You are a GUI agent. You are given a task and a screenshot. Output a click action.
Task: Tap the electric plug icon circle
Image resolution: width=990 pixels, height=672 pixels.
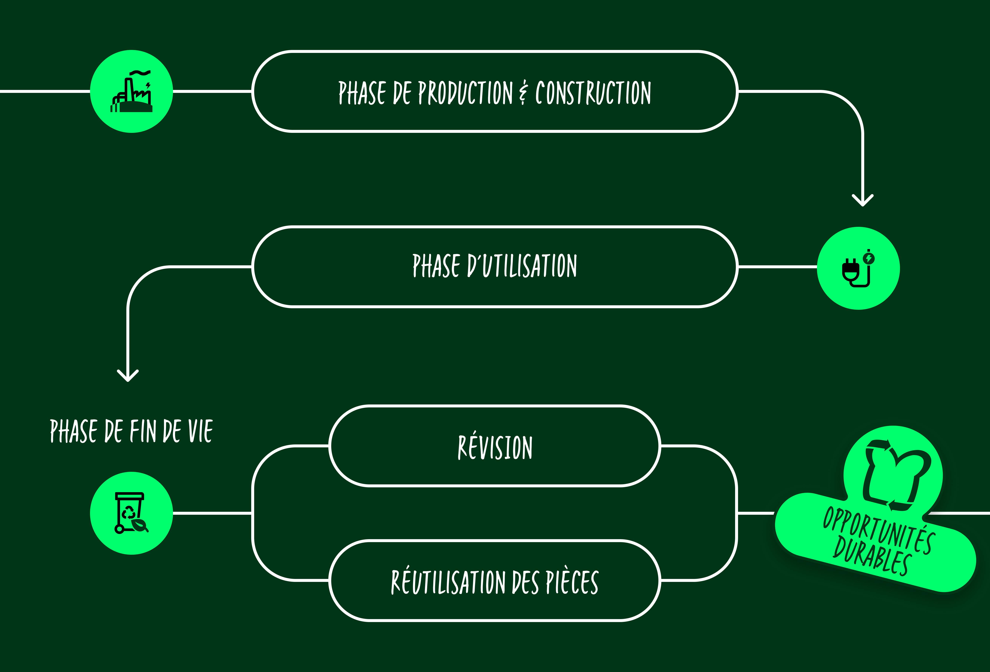coord(858,268)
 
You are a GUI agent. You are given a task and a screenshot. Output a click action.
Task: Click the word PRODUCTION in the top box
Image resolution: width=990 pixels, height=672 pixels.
coord(466,93)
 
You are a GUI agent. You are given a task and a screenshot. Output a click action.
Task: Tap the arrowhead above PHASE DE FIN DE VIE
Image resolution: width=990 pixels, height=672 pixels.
coord(128,376)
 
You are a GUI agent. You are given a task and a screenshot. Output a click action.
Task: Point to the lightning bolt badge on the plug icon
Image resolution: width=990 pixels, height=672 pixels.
coord(869,258)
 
